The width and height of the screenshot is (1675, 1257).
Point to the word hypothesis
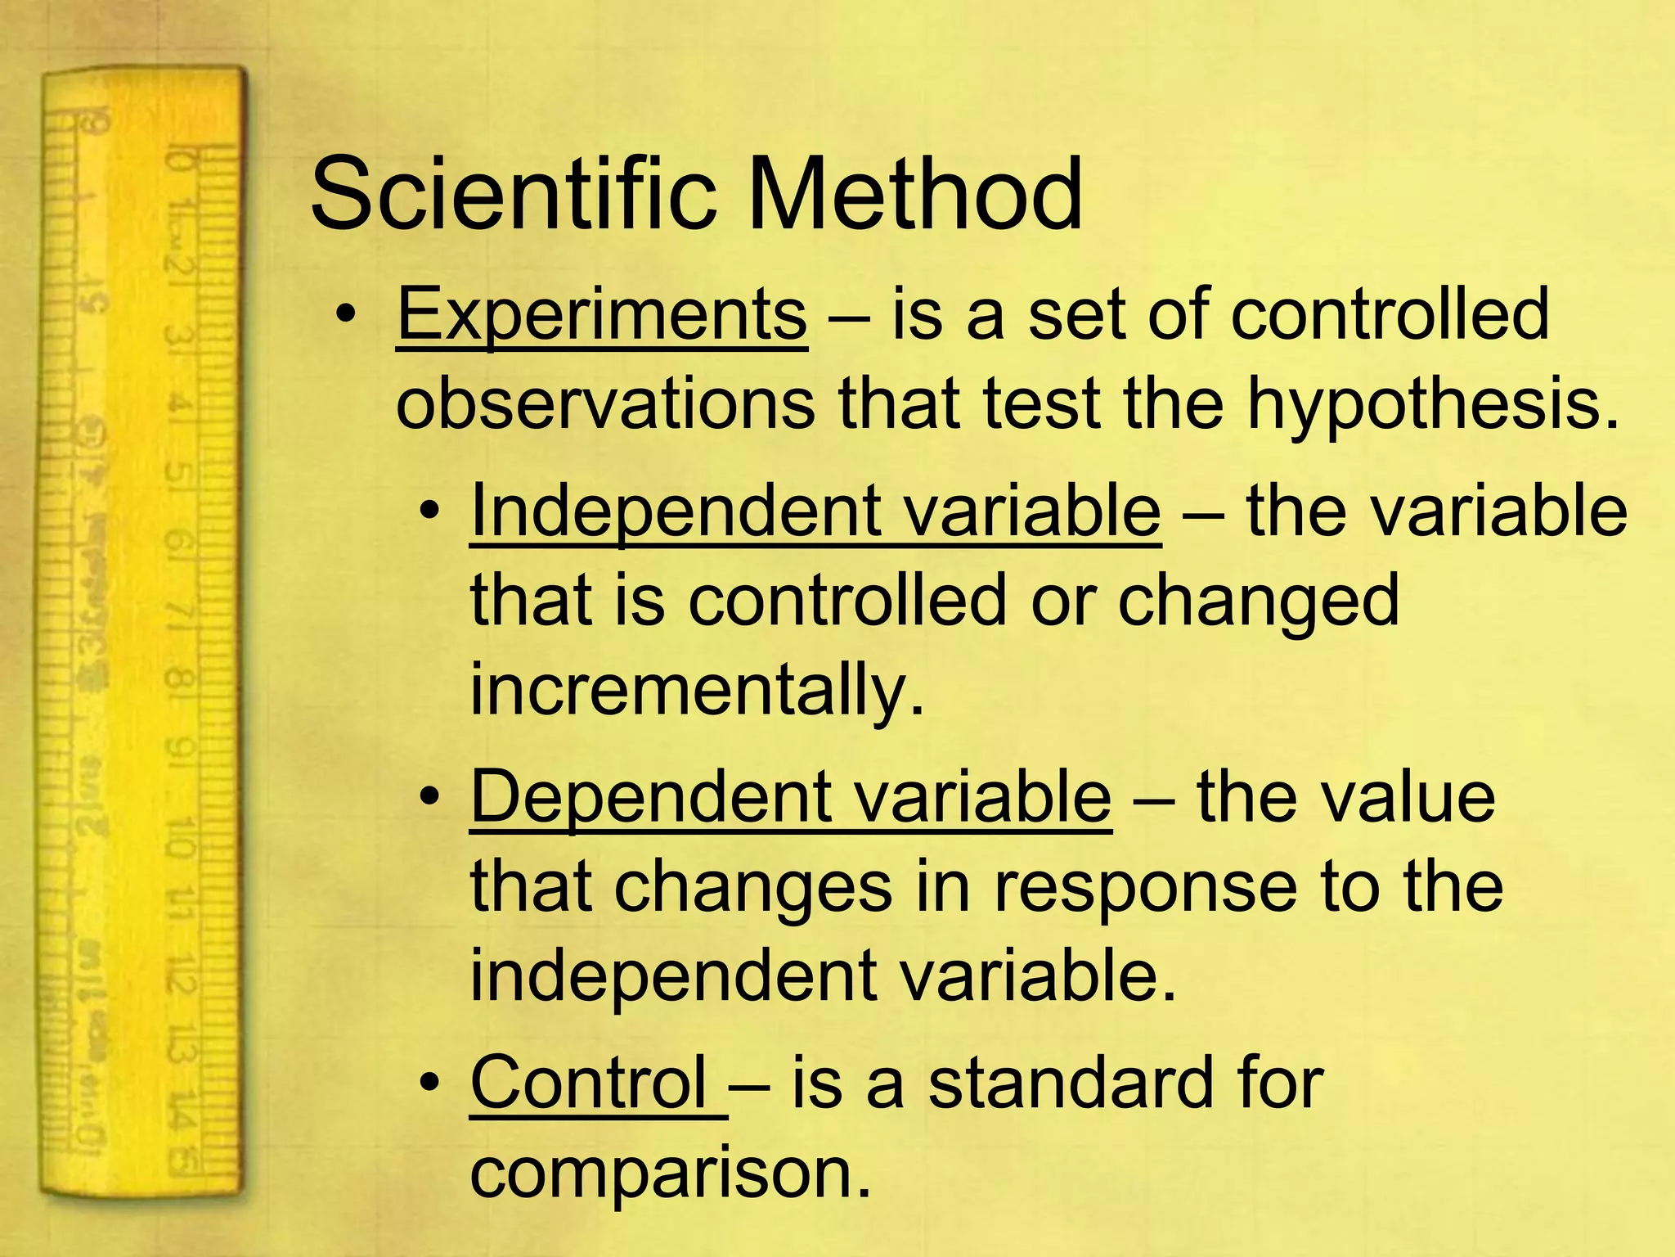tap(1432, 406)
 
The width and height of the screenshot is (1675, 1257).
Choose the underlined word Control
tap(589, 1082)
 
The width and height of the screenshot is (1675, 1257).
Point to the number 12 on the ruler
tap(182, 975)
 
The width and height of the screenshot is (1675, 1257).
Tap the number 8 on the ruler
tap(180, 678)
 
